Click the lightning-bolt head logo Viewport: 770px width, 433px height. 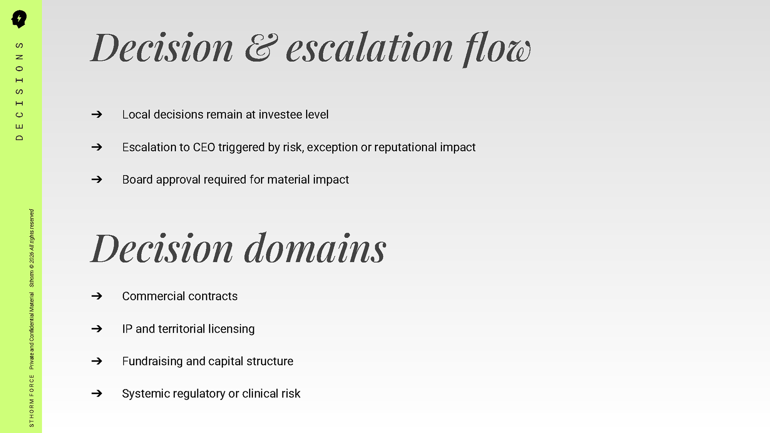pos(19,19)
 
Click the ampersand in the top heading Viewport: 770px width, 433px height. pos(261,48)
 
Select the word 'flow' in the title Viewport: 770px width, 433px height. pos(496,49)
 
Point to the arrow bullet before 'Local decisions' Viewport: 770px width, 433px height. pos(97,115)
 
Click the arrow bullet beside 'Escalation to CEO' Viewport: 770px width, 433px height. pos(97,147)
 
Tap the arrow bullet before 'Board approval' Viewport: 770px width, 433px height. pos(97,179)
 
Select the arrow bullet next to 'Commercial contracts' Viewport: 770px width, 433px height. pos(97,296)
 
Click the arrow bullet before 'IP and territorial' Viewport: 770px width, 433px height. pos(97,329)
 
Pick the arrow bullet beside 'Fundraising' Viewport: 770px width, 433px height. pos(97,361)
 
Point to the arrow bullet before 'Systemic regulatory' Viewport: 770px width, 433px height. pos(97,393)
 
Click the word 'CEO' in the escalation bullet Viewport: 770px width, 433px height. pos(204,147)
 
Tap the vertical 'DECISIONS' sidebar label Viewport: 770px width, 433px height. pos(19,91)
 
